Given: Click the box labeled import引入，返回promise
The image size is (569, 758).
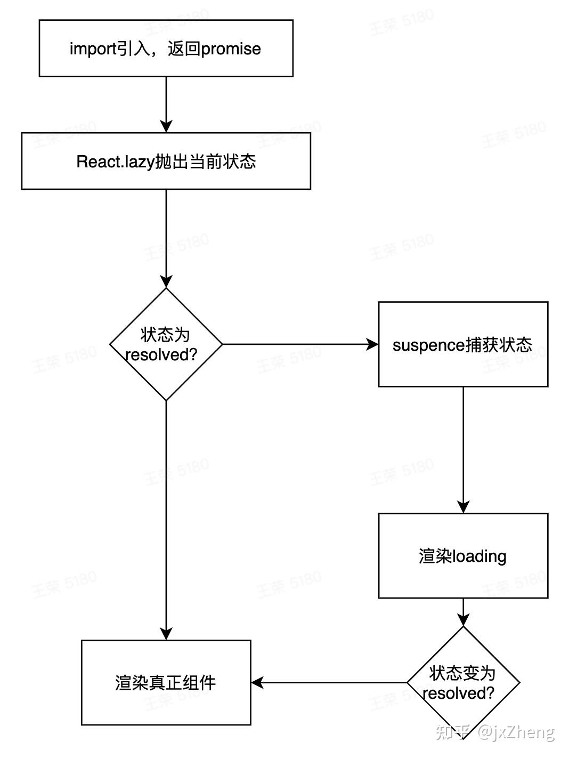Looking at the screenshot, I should coord(166,49).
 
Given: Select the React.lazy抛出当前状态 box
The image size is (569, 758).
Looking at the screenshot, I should coord(166,162).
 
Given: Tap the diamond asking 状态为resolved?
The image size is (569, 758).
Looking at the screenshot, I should coord(166,344).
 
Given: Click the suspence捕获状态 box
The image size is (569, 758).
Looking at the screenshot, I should coord(463,344).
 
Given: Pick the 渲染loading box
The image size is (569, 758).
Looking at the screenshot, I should coord(463,555).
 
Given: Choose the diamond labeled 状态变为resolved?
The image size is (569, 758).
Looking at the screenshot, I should coord(463,682).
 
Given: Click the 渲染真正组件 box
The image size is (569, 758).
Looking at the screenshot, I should coord(166,682).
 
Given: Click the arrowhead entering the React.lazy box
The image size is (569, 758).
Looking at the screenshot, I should coord(166,126).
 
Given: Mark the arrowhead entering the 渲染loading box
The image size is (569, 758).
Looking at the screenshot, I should coord(463,507).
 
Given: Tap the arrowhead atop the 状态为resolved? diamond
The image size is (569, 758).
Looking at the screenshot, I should coord(166,281).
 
